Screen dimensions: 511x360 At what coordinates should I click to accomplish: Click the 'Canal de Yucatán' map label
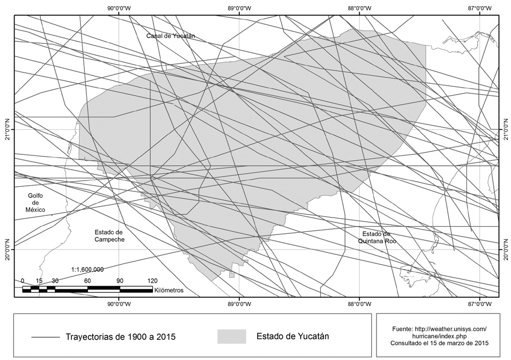(x=171, y=36)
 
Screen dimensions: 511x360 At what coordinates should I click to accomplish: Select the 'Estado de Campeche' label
(x=109, y=235)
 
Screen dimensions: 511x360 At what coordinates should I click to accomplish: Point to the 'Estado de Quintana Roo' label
(x=376, y=237)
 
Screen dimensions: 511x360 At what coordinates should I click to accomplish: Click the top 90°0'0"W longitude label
(x=119, y=8)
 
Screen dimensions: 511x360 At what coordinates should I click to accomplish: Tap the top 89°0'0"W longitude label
(x=240, y=8)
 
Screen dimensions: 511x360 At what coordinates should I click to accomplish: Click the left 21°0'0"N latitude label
(x=7, y=129)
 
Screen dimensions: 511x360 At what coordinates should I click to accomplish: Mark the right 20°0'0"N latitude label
(x=505, y=249)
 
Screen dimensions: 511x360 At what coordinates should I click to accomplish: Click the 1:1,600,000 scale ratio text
(x=87, y=269)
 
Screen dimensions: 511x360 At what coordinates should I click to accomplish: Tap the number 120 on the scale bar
(x=152, y=280)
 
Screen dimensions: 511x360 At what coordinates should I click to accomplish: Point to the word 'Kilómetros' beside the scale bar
(x=169, y=289)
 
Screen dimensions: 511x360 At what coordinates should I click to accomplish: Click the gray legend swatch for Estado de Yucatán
(x=231, y=336)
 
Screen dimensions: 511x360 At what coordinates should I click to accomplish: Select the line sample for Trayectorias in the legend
(x=46, y=337)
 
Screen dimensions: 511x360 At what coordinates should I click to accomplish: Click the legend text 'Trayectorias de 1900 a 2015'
(x=120, y=336)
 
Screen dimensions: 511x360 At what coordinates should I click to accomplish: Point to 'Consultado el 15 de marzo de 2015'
(x=439, y=343)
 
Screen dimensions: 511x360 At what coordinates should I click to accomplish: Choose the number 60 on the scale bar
(x=87, y=280)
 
